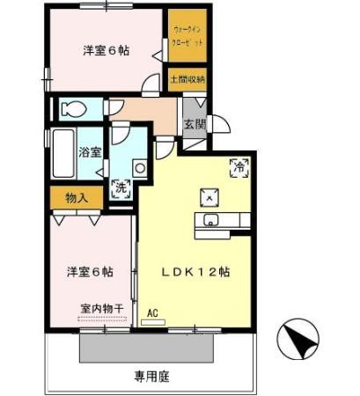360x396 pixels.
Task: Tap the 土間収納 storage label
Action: [x=187, y=80]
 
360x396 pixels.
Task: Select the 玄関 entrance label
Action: [x=194, y=125]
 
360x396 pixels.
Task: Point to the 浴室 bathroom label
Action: [x=90, y=151]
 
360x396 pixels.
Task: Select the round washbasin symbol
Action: [x=139, y=168]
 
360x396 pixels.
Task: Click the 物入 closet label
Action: [x=77, y=198]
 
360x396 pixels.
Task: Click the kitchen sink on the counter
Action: [x=212, y=220]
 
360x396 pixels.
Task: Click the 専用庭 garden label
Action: [x=151, y=376]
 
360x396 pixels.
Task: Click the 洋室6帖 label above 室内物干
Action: [x=91, y=271]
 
